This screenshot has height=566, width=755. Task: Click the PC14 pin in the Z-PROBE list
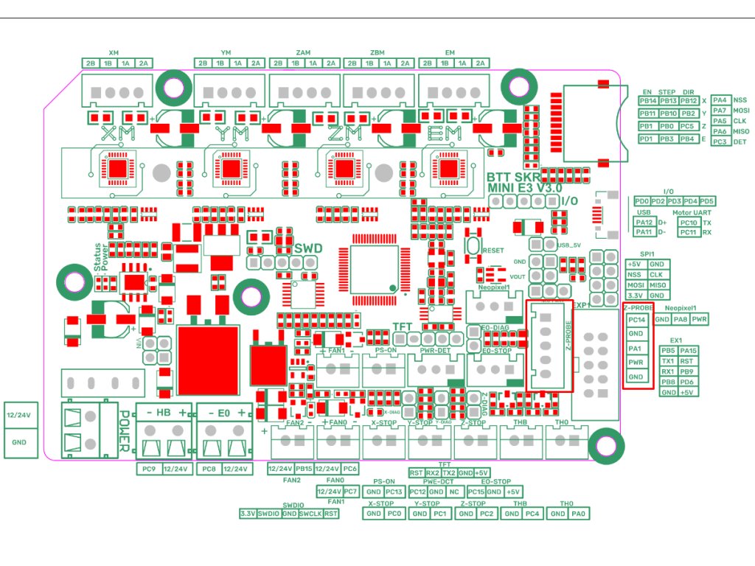pos(636,320)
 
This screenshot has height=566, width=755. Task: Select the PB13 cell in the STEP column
pos(668,100)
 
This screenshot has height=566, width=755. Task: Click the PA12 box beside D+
pos(645,222)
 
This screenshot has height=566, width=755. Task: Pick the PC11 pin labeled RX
pos(689,233)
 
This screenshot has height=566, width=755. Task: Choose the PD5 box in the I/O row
pos(706,201)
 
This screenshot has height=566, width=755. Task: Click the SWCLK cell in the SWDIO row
pos(310,513)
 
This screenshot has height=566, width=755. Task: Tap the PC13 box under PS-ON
pos(394,492)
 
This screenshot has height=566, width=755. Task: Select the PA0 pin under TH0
pos(577,513)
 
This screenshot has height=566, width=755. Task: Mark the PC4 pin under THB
pos(532,513)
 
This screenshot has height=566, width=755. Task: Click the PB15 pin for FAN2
pos(304,469)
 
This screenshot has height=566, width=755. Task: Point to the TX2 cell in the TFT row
pos(449,472)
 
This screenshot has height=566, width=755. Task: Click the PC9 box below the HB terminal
pos(147,469)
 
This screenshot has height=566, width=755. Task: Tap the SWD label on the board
pos(308,249)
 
